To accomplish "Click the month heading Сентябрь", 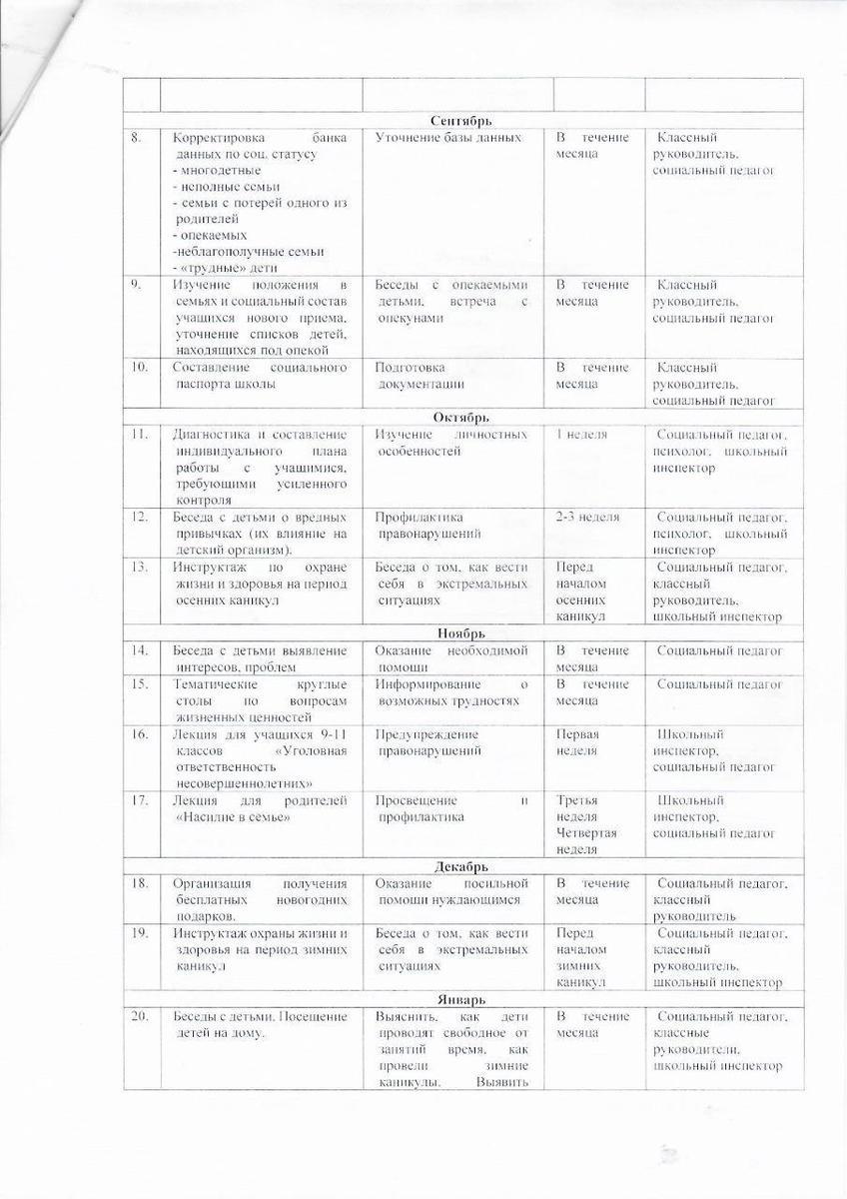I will [x=461, y=121].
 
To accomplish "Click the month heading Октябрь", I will [x=461, y=417].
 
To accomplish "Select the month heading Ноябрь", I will [x=461, y=633].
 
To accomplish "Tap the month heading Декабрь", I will [x=461, y=866].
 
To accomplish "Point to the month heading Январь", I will [x=461, y=999].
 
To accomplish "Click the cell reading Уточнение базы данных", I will [x=447, y=137].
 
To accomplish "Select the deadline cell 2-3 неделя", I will [x=587, y=517].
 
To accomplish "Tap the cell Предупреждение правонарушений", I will [x=428, y=742].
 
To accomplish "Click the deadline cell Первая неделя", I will [x=577, y=742].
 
